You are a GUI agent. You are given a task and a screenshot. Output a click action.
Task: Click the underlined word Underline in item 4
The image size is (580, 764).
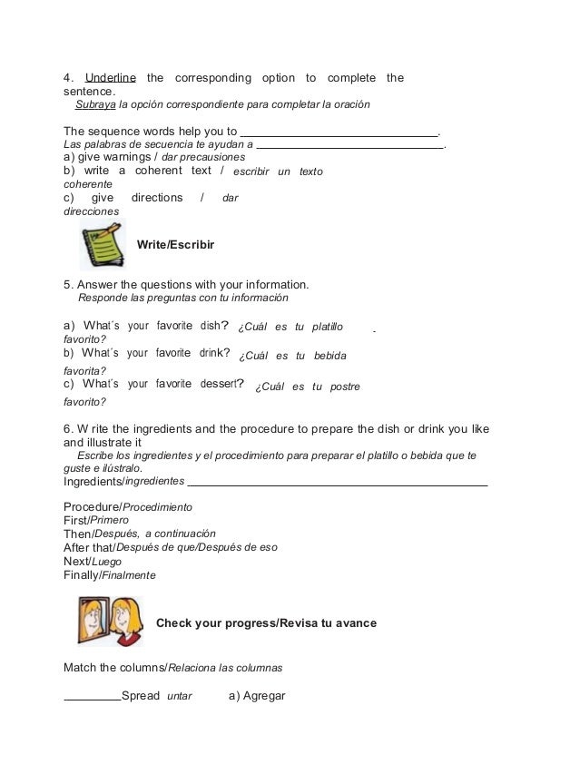tap(110, 78)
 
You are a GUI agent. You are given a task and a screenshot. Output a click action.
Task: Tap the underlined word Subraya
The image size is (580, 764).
tap(95, 105)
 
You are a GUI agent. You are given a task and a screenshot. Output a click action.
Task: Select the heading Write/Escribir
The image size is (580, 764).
tap(175, 244)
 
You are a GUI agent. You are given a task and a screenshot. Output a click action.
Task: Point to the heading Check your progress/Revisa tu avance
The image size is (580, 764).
tap(266, 623)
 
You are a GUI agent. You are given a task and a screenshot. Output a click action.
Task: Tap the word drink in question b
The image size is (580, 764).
tap(206, 353)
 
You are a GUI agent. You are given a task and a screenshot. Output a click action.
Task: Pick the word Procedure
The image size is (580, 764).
tap(92, 505)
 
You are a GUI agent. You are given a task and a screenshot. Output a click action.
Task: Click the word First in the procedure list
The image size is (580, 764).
tap(75, 520)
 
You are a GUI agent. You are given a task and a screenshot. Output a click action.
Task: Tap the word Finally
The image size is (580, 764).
tap(81, 575)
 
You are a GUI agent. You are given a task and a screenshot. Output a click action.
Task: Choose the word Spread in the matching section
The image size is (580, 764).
tap(140, 696)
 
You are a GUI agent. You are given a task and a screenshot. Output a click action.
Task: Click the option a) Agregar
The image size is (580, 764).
tap(257, 696)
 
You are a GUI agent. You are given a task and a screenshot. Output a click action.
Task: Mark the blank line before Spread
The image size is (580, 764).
tap(92, 700)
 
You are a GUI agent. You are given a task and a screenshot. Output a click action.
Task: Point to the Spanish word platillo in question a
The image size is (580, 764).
tap(327, 327)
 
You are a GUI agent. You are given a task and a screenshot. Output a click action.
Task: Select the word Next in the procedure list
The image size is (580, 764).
tap(75, 562)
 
